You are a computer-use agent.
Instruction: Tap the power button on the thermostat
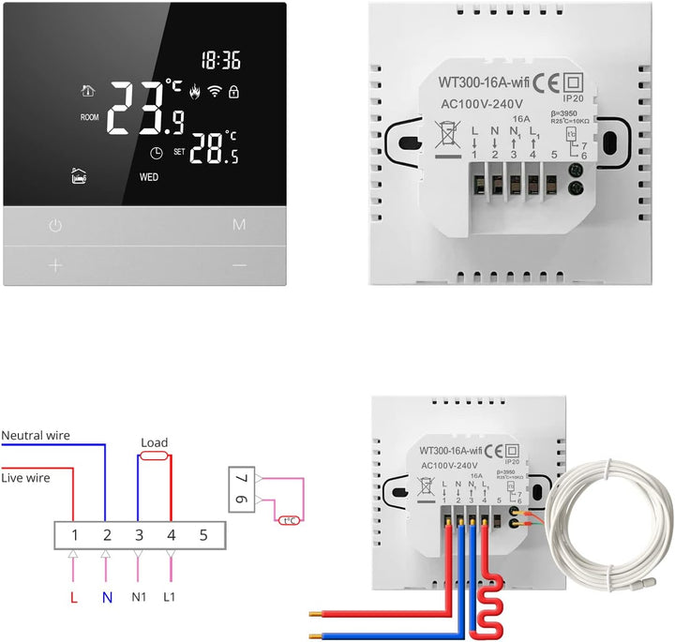coord(55,226)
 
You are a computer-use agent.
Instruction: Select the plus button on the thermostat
coord(55,265)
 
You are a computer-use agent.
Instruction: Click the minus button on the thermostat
coord(239,265)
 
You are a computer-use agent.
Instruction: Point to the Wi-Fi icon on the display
coord(214,92)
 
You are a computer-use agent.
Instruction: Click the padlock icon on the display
coord(233,92)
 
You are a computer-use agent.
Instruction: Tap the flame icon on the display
coord(195,92)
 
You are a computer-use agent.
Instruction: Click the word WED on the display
coord(150,176)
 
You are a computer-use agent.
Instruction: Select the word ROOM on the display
coord(90,118)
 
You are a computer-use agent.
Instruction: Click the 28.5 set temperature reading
coord(215,149)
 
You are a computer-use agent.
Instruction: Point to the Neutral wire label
coord(36,436)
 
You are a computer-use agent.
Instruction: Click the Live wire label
coord(25,477)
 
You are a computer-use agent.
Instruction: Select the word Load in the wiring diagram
coord(154,442)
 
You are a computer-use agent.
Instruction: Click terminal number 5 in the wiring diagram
coord(203,536)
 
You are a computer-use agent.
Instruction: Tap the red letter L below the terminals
coord(73,597)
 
